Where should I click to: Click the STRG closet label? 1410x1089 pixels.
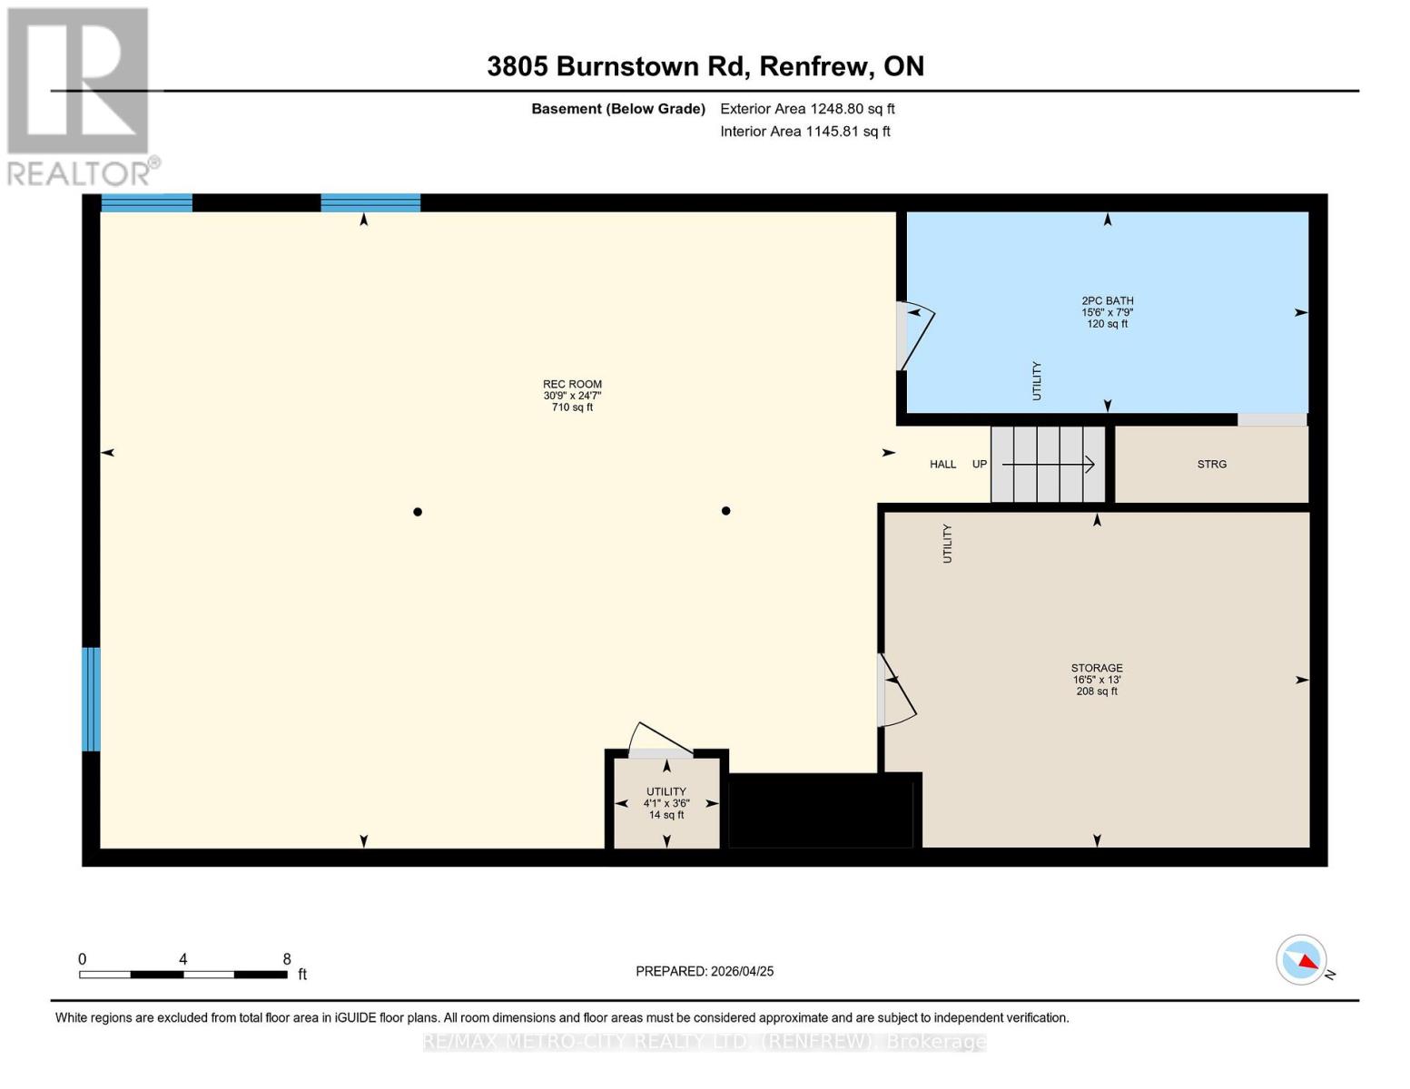(x=1211, y=464)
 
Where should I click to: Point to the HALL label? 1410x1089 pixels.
(x=942, y=464)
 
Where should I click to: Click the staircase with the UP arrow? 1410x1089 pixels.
(x=1047, y=464)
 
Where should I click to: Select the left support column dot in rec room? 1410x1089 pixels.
(x=418, y=512)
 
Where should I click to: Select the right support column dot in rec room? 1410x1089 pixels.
(x=725, y=511)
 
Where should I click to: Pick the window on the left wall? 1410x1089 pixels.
(x=91, y=699)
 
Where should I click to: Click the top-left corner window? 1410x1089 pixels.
(x=146, y=202)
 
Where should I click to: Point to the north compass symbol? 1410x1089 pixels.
(x=1302, y=960)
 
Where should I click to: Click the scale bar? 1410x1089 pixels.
(x=183, y=974)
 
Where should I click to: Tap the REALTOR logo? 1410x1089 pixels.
(x=79, y=95)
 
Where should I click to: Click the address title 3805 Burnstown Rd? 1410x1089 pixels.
(x=705, y=66)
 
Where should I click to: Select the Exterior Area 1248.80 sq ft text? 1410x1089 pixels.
(x=807, y=109)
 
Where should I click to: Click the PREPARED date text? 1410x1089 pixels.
(x=705, y=971)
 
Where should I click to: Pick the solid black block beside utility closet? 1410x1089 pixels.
(x=821, y=811)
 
